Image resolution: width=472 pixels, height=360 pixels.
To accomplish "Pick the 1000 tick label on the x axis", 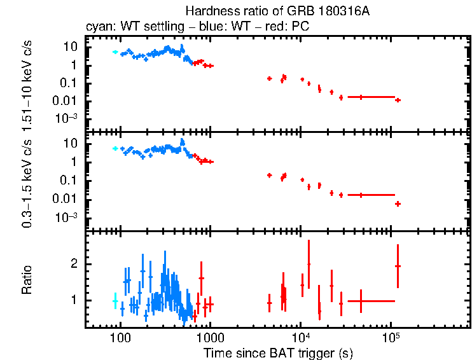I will [210, 337].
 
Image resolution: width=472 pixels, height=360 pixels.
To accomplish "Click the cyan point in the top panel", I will [115, 52].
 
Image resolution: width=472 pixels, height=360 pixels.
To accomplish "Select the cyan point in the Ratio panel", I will [115, 301].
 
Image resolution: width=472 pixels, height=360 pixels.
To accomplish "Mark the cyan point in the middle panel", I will [115, 148].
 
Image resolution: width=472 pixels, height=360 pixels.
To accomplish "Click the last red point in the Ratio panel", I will [398, 266].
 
